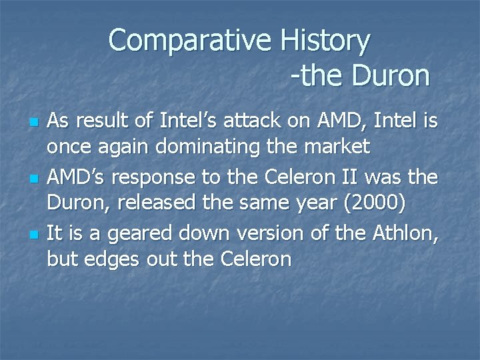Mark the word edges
point(113,259)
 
